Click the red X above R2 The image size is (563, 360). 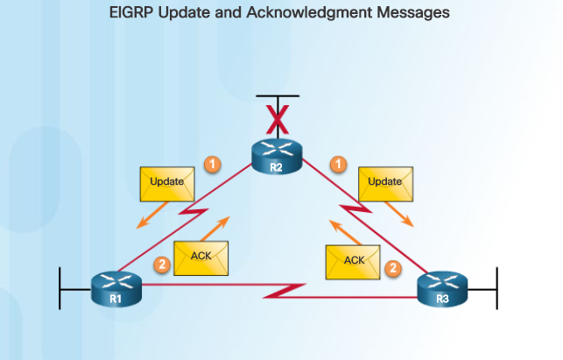tap(277, 115)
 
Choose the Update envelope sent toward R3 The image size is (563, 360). tap(385, 182)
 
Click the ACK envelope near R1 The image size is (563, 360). tap(201, 257)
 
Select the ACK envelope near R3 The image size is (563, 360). tap(354, 261)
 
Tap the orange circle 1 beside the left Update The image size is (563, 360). tap(211, 163)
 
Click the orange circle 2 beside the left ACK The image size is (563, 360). tap(160, 264)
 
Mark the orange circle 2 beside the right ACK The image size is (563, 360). tap(394, 268)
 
